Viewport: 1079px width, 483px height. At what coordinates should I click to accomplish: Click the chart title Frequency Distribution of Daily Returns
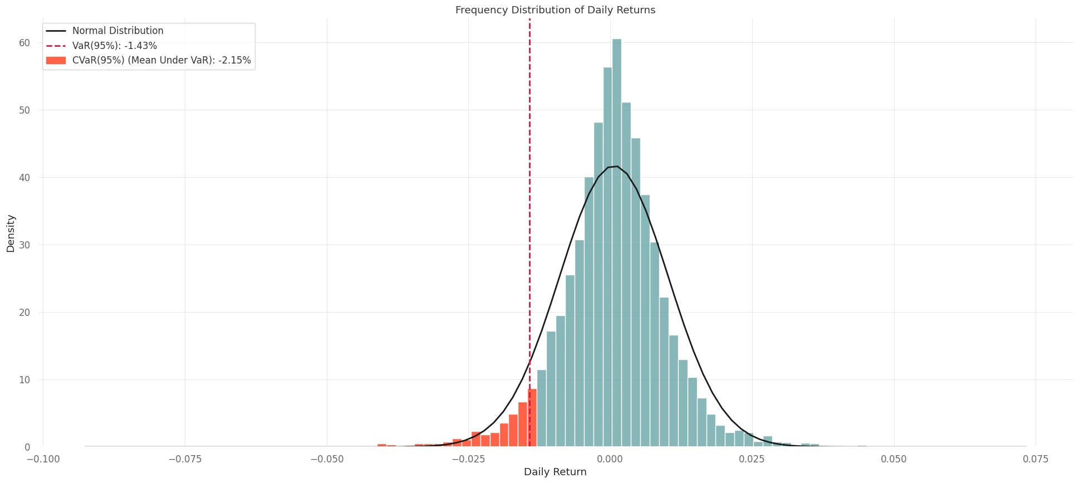(555, 10)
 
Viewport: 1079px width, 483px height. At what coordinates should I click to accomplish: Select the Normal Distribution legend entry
(117, 31)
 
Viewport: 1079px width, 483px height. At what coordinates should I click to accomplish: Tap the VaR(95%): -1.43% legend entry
(114, 46)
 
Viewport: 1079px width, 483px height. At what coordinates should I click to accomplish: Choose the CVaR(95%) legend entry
(161, 60)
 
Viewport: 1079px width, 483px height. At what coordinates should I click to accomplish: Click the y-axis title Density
(11, 233)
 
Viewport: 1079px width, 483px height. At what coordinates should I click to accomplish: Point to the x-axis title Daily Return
(555, 472)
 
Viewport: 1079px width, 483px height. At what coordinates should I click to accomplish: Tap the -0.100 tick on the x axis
(43, 459)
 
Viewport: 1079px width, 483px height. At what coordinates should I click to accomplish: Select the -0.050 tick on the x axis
(327, 459)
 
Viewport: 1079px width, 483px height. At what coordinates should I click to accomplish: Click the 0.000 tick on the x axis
(610, 459)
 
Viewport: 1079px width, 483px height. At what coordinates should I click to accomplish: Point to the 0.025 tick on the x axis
(752, 459)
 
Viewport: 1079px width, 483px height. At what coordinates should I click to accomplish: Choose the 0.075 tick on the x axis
(1036, 459)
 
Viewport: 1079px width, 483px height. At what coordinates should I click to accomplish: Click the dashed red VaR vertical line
(529, 223)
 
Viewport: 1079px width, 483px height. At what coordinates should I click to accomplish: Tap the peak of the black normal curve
(616, 166)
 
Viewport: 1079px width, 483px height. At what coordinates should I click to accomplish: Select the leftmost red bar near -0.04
(381, 445)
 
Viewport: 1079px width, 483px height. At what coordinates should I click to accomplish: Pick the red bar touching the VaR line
(532, 418)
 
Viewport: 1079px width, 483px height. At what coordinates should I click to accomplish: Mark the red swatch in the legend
(56, 60)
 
